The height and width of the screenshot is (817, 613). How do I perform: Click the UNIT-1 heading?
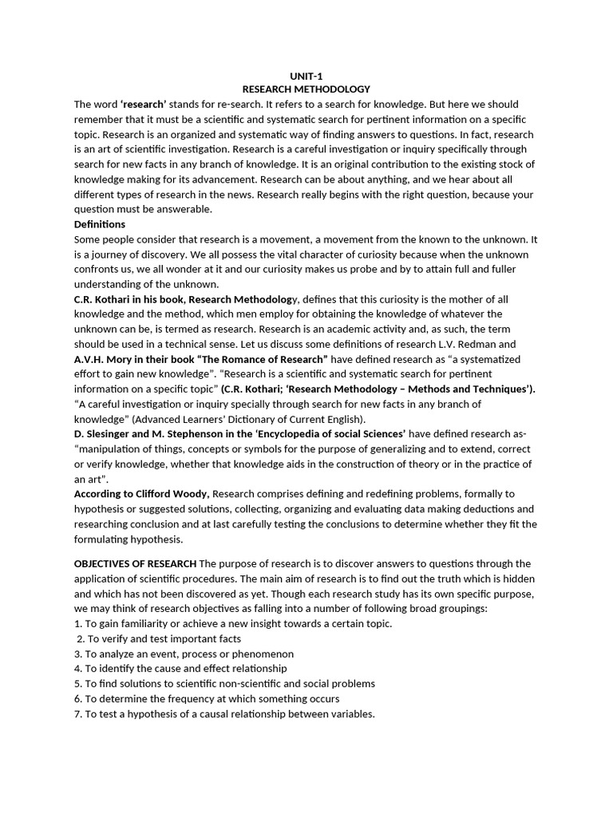306,76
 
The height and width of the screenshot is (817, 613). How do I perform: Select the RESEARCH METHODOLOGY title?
306,89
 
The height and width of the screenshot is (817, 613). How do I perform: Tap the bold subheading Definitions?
100,224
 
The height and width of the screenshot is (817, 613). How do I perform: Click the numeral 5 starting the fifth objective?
77,684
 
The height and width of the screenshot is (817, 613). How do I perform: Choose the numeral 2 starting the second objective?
80,639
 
